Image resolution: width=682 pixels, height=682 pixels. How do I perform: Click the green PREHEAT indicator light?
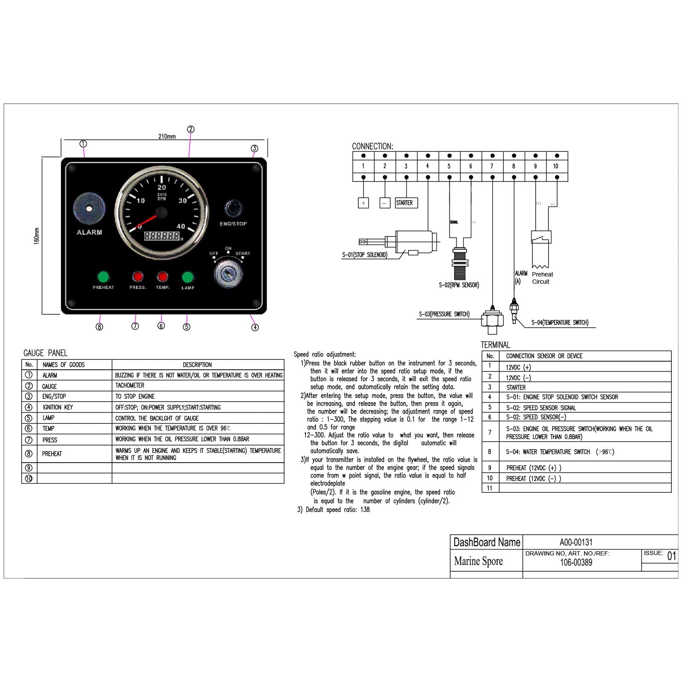pyautogui.click(x=103, y=277)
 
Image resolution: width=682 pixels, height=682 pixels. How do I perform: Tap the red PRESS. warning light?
pyautogui.click(x=138, y=277)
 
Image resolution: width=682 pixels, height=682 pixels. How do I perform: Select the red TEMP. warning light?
pyautogui.click(x=162, y=277)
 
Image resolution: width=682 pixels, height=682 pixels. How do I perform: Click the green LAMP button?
pyautogui.click(x=188, y=277)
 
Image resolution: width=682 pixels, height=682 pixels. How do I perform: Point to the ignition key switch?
pyautogui.click(x=228, y=274)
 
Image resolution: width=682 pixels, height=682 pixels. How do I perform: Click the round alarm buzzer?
pyautogui.click(x=89, y=209)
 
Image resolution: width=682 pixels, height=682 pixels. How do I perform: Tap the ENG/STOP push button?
pyautogui.click(x=233, y=208)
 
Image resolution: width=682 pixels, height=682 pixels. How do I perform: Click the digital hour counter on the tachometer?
pyautogui.click(x=162, y=236)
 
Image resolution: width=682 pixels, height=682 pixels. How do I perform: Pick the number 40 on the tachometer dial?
pyautogui.click(x=181, y=226)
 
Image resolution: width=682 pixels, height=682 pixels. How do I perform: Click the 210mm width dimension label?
pyautogui.click(x=167, y=136)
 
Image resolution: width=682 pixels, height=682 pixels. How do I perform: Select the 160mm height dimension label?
pyautogui.click(x=37, y=236)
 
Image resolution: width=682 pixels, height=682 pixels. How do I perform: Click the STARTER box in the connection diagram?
pyautogui.click(x=406, y=203)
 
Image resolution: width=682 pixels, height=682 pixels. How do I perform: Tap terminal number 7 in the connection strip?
pyautogui.click(x=492, y=166)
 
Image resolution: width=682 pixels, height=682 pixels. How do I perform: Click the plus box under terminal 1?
pyautogui.click(x=363, y=203)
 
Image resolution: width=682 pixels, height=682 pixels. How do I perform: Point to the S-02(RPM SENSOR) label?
pyautogui.click(x=459, y=285)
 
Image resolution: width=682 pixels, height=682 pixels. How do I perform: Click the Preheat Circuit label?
pyautogui.click(x=542, y=278)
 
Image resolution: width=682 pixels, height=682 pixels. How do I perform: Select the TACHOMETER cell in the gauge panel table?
pyautogui.click(x=130, y=386)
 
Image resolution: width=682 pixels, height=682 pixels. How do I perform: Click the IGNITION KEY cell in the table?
pyautogui.click(x=58, y=407)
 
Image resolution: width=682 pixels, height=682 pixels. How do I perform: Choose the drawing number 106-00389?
pyautogui.click(x=576, y=562)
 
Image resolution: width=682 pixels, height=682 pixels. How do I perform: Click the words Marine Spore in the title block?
pyautogui.click(x=478, y=561)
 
